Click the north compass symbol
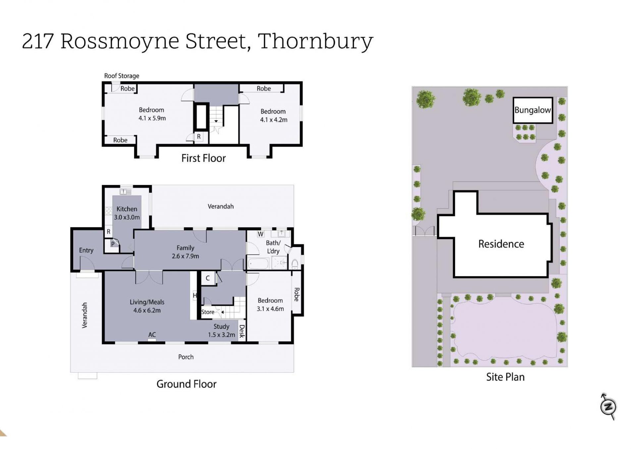[x=608, y=407]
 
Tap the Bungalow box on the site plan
[x=533, y=110]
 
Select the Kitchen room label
[x=127, y=209]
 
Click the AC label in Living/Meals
[x=152, y=335]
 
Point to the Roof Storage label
[x=122, y=76]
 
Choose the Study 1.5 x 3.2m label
[x=221, y=330]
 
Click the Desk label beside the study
[x=242, y=331]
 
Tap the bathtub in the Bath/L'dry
[x=258, y=264]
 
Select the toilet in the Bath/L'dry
[x=295, y=264]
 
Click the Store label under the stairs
[x=208, y=312]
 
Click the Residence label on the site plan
[x=501, y=244]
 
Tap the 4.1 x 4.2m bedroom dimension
[x=274, y=120]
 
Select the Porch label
[x=186, y=357]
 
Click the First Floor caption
[x=203, y=158]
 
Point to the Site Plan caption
[x=505, y=377]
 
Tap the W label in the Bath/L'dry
[x=261, y=234]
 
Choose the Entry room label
[x=86, y=251]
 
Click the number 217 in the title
[x=38, y=41]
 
